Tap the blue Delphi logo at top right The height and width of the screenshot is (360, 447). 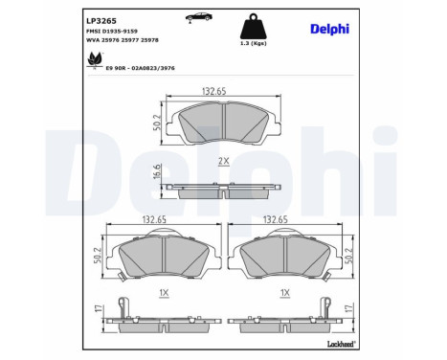click(x=329, y=29)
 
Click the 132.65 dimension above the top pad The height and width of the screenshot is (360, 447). click(x=213, y=92)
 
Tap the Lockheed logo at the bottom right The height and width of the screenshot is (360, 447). click(x=342, y=342)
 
